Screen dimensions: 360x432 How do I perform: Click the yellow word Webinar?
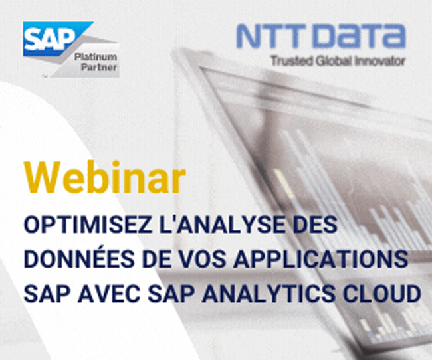(x=106, y=178)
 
